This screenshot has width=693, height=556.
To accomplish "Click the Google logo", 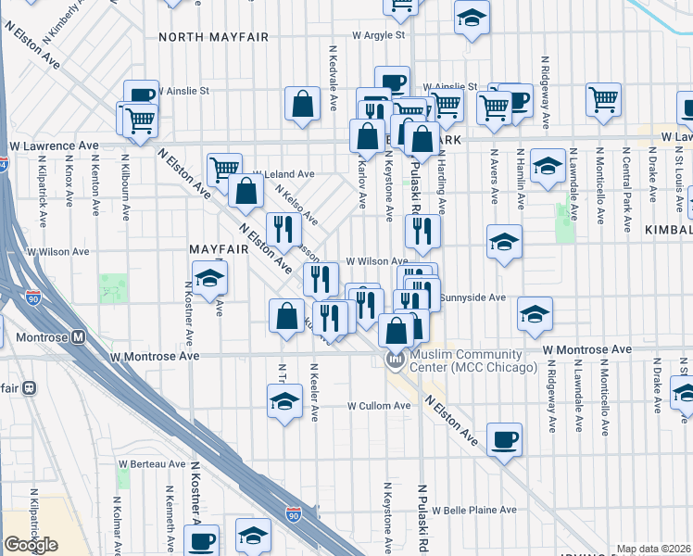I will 31,545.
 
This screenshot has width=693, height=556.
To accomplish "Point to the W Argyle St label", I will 378,35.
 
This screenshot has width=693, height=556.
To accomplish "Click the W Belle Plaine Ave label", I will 479,510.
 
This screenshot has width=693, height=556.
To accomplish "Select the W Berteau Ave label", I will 151,463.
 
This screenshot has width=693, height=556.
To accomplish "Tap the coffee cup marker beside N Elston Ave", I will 504,438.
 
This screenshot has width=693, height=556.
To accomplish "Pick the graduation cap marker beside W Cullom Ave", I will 284,400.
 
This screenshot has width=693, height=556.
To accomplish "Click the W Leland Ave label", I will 284,174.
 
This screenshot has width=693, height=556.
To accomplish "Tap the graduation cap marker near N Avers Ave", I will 503,242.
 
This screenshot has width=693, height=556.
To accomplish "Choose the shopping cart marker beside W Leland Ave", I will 225,168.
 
